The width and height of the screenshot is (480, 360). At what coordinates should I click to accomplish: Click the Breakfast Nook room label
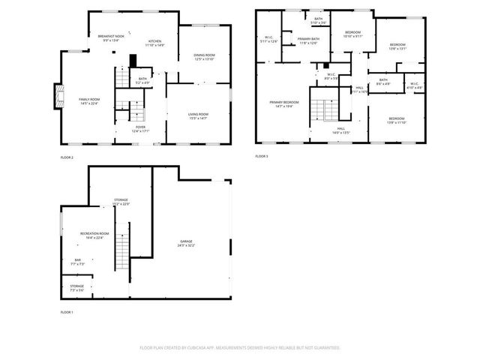(x=110, y=37)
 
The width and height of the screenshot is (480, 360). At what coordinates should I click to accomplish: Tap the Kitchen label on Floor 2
(x=155, y=43)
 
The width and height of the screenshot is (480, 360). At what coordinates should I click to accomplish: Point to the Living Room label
(x=198, y=115)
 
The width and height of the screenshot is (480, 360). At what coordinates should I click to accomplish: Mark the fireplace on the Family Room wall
(x=55, y=95)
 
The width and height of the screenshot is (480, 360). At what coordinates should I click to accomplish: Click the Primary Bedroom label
(x=284, y=103)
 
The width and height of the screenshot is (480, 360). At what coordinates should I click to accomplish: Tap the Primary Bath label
(x=308, y=40)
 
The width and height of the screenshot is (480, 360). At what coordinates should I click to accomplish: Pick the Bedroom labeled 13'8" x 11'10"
(x=397, y=120)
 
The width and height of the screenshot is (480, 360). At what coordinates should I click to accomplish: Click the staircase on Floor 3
(x=325, y=111)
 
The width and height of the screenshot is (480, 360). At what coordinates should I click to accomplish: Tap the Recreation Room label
(x=95, y=235)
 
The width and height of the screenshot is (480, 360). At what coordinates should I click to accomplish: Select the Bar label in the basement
(x=77, y=262)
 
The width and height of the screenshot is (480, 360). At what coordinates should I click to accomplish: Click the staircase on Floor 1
(x=121, y=252)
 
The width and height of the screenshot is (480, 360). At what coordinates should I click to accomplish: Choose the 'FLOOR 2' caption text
(x=67, y=157)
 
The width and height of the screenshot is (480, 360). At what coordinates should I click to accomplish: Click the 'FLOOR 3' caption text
(x=261, y=156)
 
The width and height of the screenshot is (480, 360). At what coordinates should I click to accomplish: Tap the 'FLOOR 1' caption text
(x=67, y=311)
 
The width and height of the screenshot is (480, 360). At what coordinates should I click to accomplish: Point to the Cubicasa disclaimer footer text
(x=240, y=348)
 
